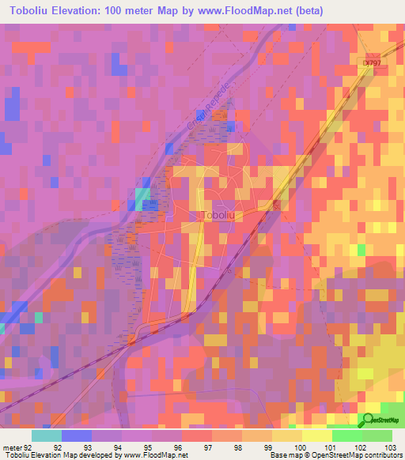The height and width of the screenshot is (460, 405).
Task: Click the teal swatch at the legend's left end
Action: [x=47, y=435]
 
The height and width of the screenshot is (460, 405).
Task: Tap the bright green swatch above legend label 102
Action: [x=346, y=435]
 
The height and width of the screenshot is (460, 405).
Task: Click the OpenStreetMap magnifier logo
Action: [x=369, y=420]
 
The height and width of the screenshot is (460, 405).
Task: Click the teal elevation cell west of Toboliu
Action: [x=143, y=198]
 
